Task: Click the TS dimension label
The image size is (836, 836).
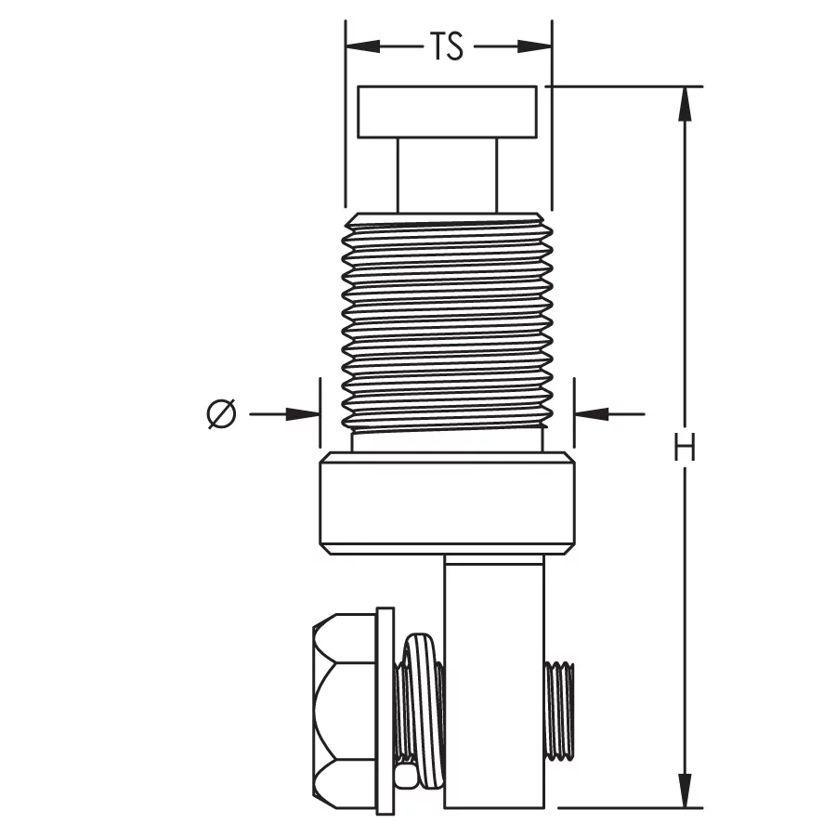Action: coord(447,46)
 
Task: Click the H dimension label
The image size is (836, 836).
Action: coord(685,447)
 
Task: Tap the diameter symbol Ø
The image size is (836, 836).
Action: coord(221,413)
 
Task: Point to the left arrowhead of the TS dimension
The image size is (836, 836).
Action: coord(362,46)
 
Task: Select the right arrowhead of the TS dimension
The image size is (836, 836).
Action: coord(535,46)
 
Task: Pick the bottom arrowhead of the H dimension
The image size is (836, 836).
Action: coord(686,790)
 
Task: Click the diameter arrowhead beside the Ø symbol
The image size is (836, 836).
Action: coord(303,413)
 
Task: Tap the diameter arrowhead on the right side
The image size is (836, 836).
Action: coord(592,413)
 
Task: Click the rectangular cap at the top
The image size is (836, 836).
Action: coord(447,112)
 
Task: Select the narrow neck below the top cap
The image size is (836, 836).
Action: coord(447,176)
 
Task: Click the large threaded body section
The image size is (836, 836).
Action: coord(447,321)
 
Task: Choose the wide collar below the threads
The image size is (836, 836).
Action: coord(447,503)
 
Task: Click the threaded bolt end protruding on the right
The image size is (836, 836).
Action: coord(559,711)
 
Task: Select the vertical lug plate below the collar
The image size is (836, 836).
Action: coord(495,682)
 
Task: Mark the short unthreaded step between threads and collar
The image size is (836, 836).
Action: coord(447,440)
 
